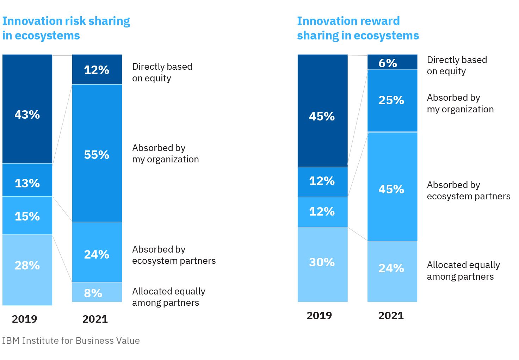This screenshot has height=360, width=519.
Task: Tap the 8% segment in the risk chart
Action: tap(97, 292)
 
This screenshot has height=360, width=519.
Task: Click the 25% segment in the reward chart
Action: tap(392, 100)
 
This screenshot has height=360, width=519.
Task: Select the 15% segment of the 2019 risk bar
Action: tap(27, 216)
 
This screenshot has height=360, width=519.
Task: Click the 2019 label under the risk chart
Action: tap(25, 319)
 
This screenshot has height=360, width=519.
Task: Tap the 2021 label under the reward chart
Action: tap(391, 315)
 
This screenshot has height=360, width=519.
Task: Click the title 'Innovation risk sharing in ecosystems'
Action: tap(66, 28)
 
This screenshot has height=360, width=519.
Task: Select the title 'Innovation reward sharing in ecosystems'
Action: tap(358, 28)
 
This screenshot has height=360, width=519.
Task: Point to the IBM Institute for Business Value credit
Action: tap(71, 341)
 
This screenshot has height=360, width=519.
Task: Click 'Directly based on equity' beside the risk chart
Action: tap(162, 72)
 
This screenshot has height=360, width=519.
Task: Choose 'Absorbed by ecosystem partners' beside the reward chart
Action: tap(468, 191)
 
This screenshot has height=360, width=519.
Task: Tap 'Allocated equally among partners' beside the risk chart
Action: tap(168, 297)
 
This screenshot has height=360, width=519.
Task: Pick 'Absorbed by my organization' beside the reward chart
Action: tap(460, 103)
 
